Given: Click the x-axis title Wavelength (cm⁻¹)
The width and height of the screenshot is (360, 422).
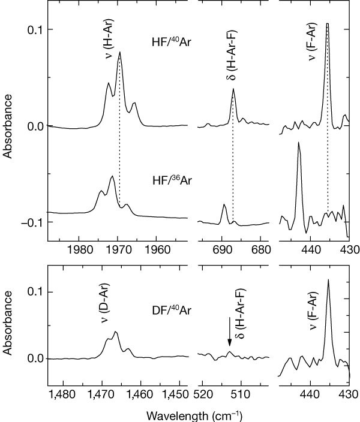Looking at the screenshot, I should tap(197, 414).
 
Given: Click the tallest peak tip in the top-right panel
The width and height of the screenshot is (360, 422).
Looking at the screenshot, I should tap(328, 24).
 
